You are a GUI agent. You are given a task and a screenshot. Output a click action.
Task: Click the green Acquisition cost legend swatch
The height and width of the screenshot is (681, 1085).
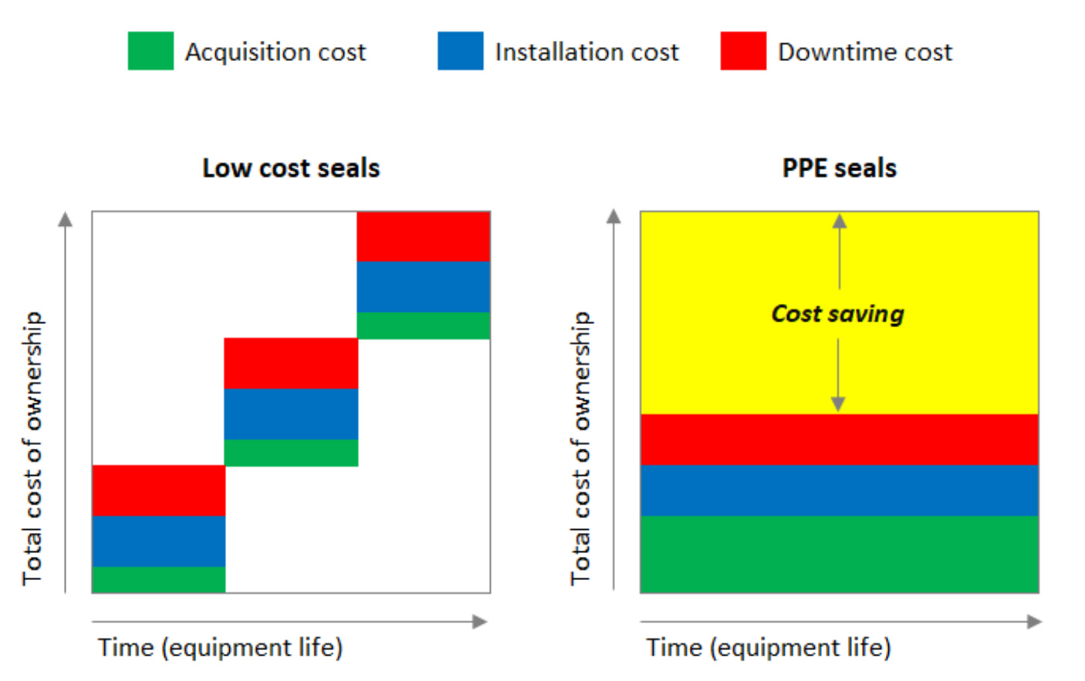tap(150, 51)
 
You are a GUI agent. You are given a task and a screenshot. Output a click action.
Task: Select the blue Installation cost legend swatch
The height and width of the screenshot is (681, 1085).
tap(460, 51)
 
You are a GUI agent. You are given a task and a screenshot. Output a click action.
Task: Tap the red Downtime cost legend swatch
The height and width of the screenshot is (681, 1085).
tap(743, 51)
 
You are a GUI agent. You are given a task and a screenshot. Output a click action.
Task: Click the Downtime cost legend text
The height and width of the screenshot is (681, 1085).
tap(865, 52)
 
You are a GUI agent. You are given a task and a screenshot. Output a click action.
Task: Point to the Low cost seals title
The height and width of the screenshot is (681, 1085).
tap(291, 168)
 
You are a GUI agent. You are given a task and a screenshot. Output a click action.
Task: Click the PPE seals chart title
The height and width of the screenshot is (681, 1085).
tap(840, 168)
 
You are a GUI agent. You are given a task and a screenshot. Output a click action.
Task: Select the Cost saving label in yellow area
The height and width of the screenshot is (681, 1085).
tap(838, 314)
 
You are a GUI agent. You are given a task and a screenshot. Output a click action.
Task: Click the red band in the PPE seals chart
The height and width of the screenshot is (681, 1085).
tap(840, 440)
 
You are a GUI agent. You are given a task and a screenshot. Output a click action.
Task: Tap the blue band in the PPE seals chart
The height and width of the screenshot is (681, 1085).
tap(840, 491)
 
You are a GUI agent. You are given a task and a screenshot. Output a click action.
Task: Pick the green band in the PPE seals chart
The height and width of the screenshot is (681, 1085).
tap(840, 554)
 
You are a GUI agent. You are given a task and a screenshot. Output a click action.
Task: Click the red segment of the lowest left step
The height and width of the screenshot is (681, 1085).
tap(158, 491)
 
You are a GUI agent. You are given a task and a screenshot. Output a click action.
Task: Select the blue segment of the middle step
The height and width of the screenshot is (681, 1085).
tap(291, 414)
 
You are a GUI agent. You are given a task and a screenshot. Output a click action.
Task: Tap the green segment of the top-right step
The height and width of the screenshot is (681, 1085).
tap(423, 325)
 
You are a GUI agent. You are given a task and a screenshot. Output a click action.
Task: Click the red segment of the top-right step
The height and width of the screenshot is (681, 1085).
tap(423, 237)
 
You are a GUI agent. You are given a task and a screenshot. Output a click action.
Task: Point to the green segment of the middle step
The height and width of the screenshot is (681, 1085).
tap(291, 453)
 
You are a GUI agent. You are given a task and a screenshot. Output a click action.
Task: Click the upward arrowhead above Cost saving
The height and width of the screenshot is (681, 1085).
tap(840, 221)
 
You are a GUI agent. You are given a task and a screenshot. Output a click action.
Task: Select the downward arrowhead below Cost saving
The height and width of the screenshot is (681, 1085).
tap(838, 404)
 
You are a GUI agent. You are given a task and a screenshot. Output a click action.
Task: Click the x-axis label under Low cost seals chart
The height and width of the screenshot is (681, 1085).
tap(220, 647)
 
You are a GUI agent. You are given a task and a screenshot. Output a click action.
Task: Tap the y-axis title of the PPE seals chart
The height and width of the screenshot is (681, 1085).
tap(580, 447)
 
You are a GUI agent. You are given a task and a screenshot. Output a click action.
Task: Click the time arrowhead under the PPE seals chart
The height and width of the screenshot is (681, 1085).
tap(1034, 622)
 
